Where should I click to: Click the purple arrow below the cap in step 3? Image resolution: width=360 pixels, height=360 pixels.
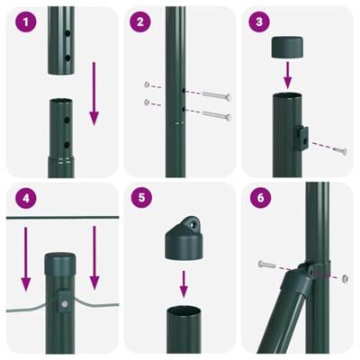(288, 73)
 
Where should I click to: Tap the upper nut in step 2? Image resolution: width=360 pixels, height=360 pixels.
(147, 85)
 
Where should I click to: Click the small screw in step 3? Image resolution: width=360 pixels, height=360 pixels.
(339, 149)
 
